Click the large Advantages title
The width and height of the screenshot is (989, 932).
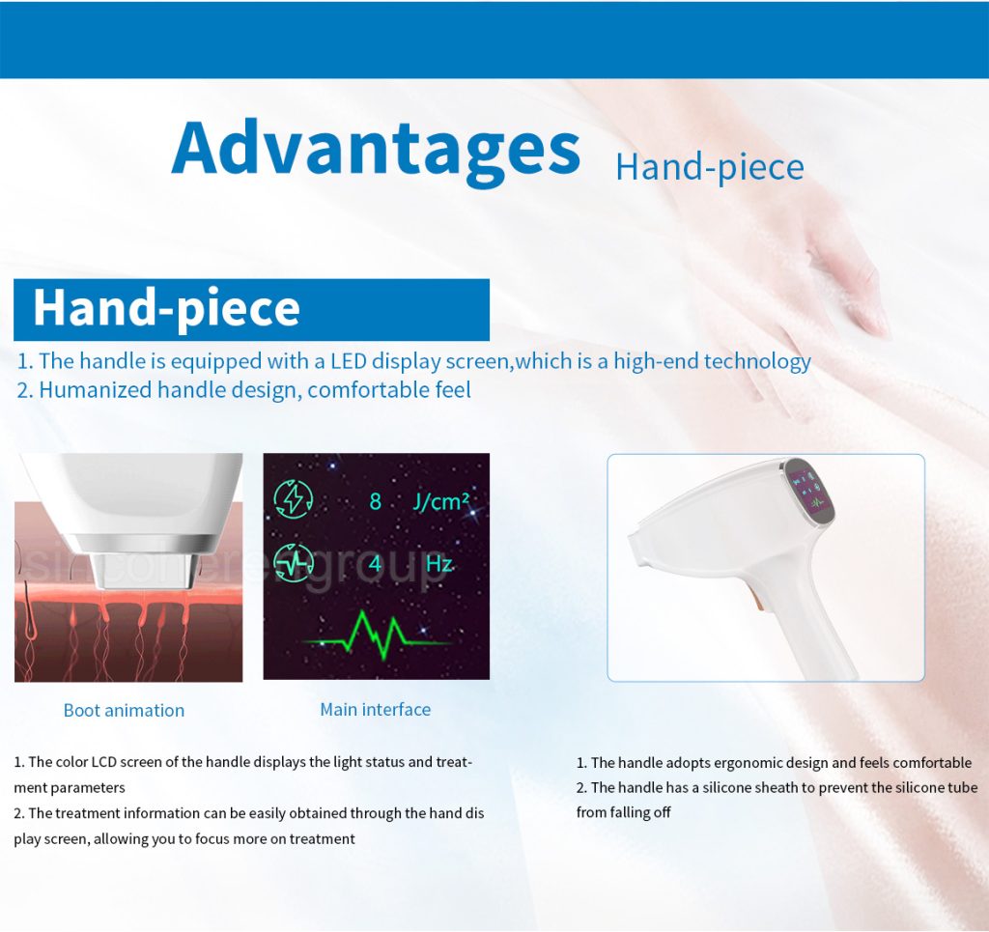(376, 149)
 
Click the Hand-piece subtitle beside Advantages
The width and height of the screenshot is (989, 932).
(710, 168)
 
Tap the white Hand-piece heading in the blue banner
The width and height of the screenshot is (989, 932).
(166, 308)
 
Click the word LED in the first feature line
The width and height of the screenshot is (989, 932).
(348, 360)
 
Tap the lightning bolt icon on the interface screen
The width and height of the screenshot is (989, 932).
(294, 499)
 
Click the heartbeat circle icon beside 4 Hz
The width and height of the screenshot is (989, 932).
(294, 562)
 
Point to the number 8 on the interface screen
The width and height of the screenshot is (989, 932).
(376, 501)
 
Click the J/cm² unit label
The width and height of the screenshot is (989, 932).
(440, 501)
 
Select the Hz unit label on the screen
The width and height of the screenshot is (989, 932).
(439, 563)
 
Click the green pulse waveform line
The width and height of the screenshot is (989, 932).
(377, 635)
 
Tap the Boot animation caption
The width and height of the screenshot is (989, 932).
(125, 711)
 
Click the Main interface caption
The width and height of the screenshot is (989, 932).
(376, 710)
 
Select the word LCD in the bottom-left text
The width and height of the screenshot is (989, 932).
(104, 762)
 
